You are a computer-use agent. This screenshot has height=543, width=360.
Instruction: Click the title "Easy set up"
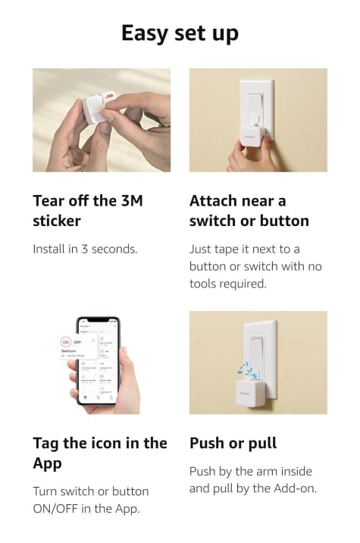(x=180, y=34)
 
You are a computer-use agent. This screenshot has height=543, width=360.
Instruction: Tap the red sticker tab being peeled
(x=108, y=96)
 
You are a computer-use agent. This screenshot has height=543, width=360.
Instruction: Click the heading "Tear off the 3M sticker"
(x=88, y=211)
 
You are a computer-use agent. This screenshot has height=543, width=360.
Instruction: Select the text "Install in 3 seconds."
(x=85, y=249)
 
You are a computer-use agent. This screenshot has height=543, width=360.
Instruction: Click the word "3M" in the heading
(x=132, y=201)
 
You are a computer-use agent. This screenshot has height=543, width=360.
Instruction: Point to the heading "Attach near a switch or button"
(x=249, y=211)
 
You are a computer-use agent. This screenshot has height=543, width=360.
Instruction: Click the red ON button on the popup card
(x=65, y=342)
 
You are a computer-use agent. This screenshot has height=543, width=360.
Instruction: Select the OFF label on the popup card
(x=77, y=342)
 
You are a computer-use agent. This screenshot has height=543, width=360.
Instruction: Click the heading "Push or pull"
(x=233, y=444)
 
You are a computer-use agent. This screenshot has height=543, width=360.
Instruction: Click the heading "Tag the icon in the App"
(x=100, y=454)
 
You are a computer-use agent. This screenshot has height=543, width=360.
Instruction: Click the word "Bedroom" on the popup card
(x=68, y=351)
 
